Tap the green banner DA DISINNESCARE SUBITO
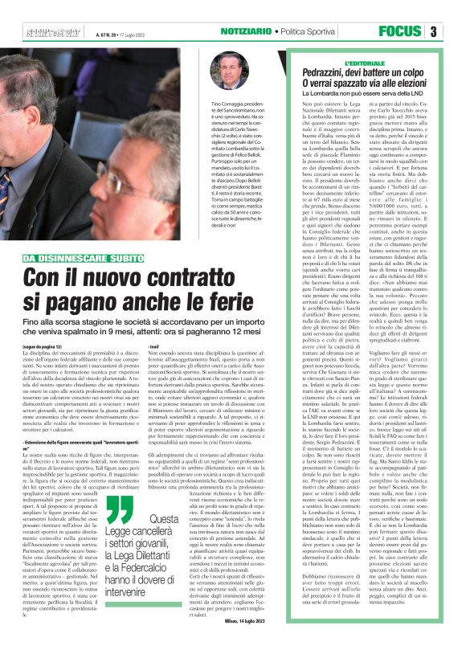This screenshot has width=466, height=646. [88, 235]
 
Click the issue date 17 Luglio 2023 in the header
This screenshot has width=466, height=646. [129, 32]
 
